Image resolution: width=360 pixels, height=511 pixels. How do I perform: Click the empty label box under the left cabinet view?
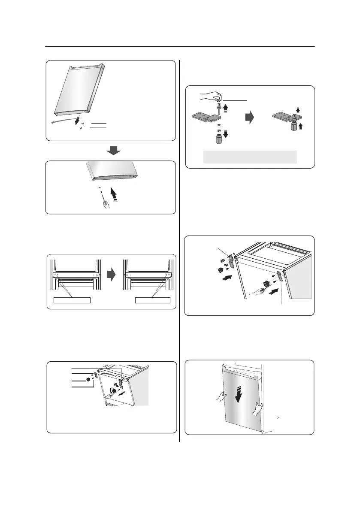click(x=72, y=299)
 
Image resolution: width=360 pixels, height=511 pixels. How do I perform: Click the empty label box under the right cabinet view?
click(x=152, y=299)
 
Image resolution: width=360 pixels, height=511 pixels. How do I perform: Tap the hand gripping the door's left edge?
click(x=220, y=397)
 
